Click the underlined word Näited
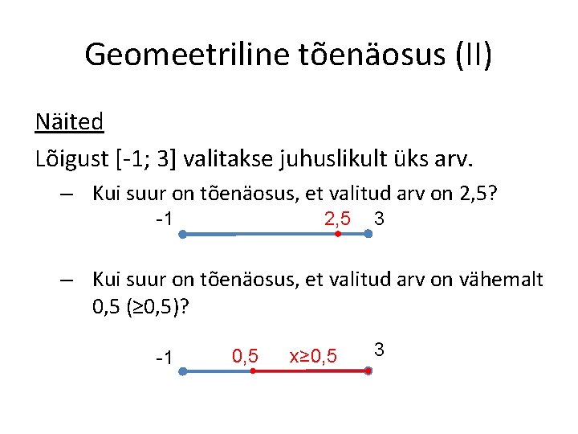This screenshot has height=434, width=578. [69, 121]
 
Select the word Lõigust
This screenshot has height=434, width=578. [67, 158]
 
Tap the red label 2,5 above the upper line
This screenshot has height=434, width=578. [336, 218]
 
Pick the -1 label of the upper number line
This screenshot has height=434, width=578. [167, 219]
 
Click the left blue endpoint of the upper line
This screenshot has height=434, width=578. [183, 235]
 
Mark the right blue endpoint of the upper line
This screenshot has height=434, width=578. [368, 235]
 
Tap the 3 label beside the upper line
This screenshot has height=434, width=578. [379, 218]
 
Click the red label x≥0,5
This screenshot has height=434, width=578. [313, 355]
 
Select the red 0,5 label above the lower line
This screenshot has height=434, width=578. [245, 354]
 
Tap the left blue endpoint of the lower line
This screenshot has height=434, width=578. [183, 371]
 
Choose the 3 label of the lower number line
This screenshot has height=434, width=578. [380, 350]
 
